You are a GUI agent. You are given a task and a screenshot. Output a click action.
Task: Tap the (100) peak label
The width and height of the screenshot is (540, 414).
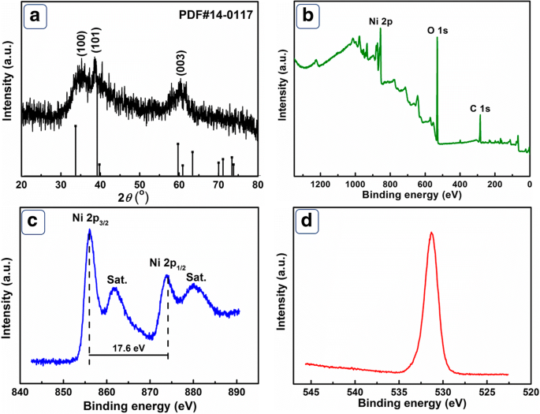click(x=80, y=47)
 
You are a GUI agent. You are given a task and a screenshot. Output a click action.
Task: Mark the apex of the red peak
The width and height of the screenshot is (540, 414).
click(x=431, y=233)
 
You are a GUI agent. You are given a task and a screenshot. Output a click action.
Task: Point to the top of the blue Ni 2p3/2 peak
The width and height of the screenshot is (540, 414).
click(x=89, y=230)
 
